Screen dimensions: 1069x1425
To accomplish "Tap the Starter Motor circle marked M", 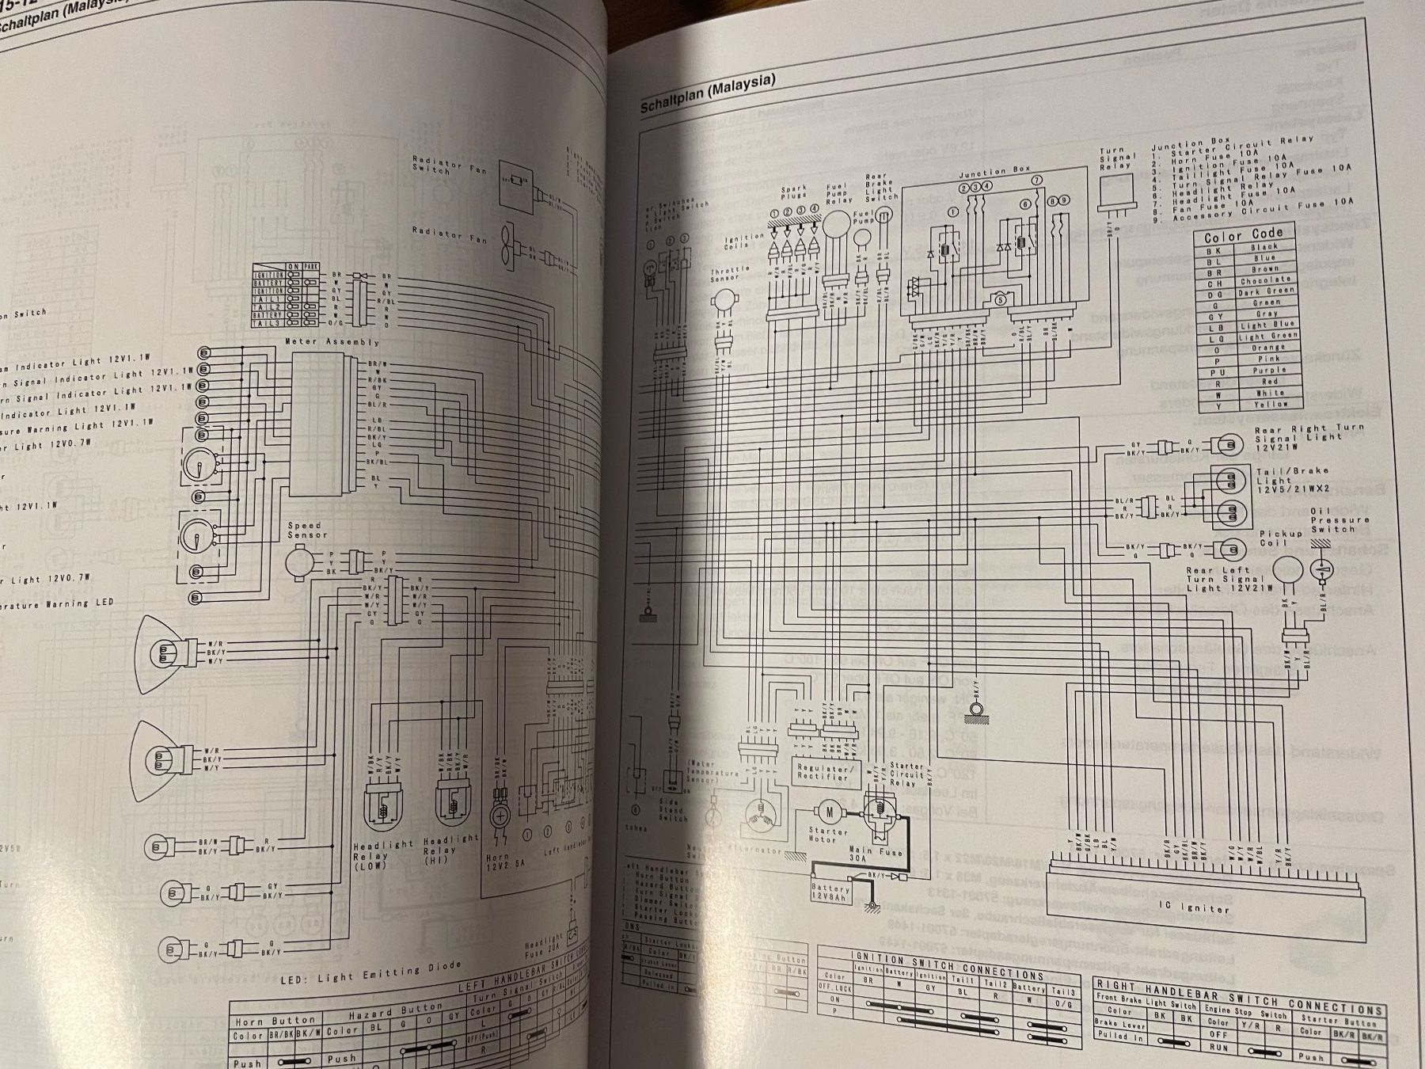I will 829,810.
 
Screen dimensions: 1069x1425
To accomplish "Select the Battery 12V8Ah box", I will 830,892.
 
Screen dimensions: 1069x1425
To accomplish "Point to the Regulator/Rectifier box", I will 823,771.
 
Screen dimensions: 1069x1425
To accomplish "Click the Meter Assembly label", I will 331,342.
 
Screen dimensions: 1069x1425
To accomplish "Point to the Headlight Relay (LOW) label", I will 370,857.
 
